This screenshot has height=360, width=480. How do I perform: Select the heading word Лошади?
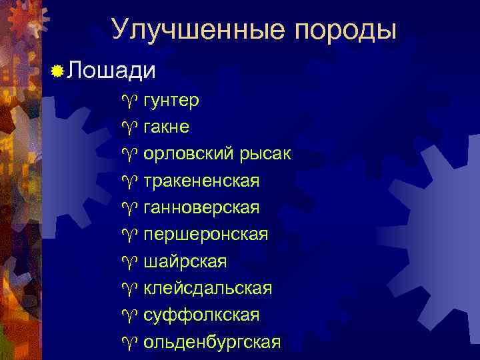(x=111, y=71)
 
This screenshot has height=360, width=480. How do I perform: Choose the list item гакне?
(x=166, y=127)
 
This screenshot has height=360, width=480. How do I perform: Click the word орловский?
(x=188, y=155)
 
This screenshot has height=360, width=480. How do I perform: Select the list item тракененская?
(x=201, y=181)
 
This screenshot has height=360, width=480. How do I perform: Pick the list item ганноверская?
(x=201, y=208)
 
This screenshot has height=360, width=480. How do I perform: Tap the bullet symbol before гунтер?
(x=129, y=101)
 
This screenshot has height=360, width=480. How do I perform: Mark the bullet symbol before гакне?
(x=129, y=128)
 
